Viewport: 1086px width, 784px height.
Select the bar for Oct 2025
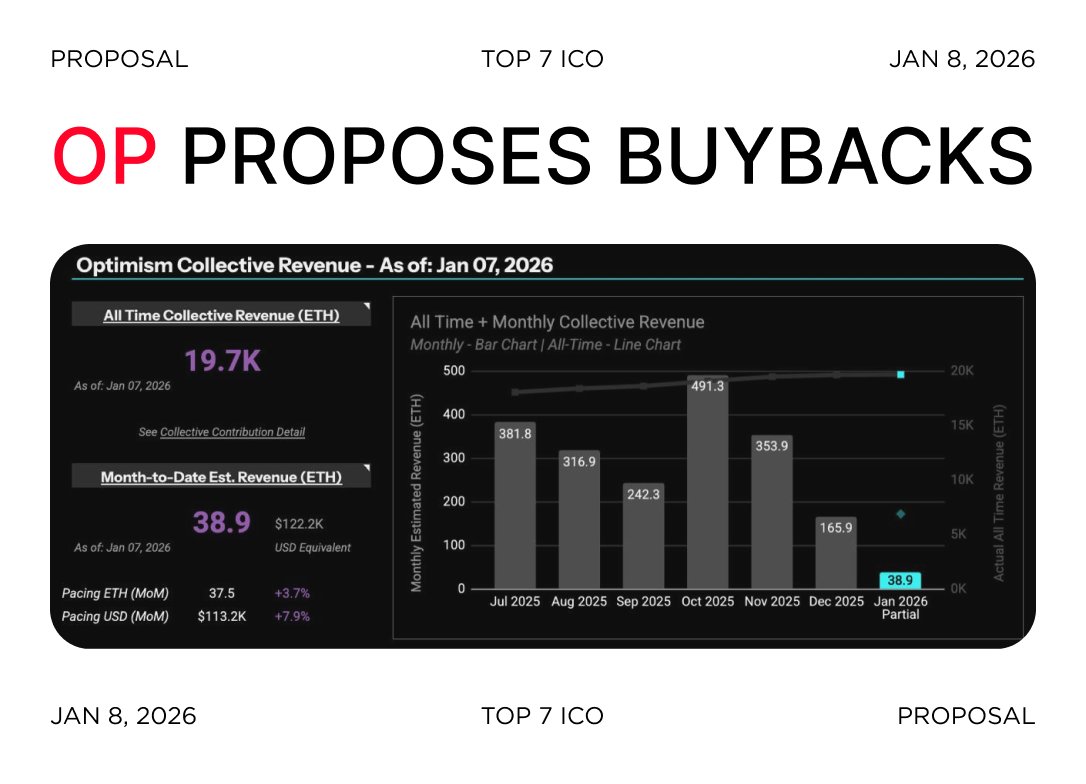coord(706,485)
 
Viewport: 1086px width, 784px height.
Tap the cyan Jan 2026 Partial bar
coord(899,580)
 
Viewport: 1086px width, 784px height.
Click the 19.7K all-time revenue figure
coord(222,361)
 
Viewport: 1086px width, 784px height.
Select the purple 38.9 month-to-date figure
coord(221,521)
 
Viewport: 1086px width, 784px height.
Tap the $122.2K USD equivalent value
coord(300,523)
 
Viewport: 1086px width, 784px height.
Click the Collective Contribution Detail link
coord(232,432)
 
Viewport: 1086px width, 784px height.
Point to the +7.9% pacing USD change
coord(292,616)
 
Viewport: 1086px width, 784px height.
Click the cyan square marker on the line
coord(900,374)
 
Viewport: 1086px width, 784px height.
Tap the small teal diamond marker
coord(900,514)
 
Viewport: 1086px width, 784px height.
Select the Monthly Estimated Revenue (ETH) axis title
coord(417,479)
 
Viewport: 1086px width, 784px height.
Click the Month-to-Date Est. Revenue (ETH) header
coord(221,477)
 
